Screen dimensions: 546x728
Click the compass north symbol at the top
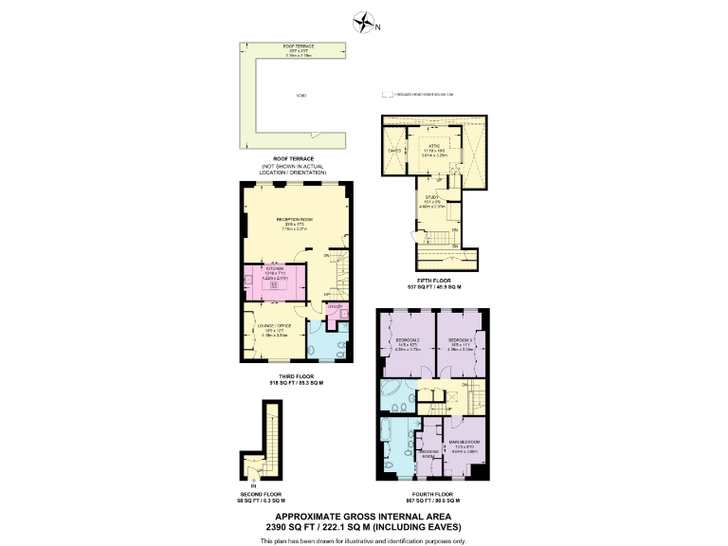coord(363,22)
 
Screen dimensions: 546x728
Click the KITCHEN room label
coord(275,269)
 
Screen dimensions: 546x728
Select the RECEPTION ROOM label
coord(294,219)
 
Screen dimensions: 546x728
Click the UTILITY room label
coord(334,307)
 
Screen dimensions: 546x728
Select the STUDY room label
coord(432,196)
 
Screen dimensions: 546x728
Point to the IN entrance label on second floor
coord(253,485)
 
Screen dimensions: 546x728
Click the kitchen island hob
coord(276,281)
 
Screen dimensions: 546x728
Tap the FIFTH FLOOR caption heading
coord(433,280)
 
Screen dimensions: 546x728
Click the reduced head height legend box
coord(386,95)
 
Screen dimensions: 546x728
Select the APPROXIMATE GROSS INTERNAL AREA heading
coord(363,518)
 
